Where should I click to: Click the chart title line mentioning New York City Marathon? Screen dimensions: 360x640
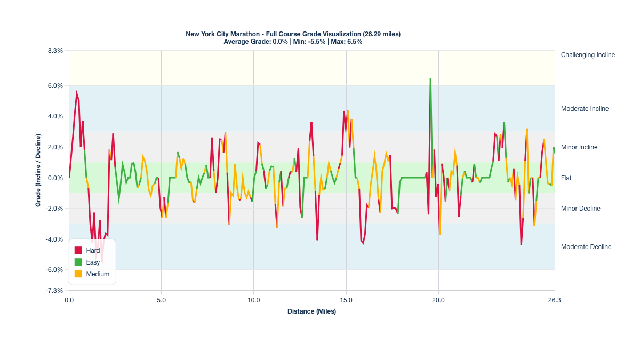click(293, 34)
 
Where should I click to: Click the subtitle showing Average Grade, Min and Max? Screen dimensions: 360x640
click(293, 42)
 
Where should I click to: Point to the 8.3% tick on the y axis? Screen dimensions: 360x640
click(55, 51)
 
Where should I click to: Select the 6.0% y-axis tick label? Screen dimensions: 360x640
click(55, 86)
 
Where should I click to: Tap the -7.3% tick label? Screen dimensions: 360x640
click(55, 291)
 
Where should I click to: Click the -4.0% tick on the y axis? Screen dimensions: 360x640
click(55, 239)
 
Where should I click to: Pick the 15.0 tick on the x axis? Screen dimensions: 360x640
click(346, 301)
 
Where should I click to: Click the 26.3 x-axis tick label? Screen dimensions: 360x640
click(554, 301)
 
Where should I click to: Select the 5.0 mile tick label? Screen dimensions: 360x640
click(161, 301)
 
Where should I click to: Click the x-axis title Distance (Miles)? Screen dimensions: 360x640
click(311, 311)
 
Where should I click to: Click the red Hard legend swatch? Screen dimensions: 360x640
click(78, 251)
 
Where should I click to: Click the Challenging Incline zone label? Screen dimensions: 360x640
click(588, 55)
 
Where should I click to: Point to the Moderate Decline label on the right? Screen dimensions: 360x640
click(586, 247)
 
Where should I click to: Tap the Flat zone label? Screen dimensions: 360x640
click(566, 178)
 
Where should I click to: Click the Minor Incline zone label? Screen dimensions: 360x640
click(579, 147)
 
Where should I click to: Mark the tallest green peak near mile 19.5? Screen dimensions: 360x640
click(430, 79)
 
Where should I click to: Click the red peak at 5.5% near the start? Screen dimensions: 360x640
click(76, 93)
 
